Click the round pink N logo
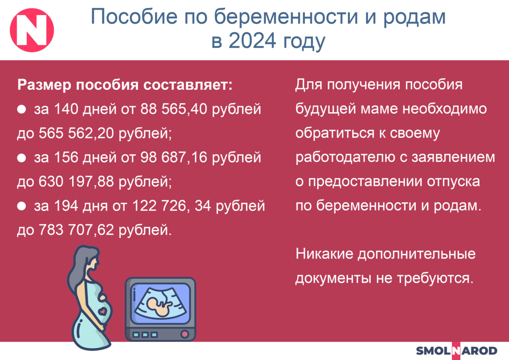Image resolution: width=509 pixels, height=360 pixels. (x=32, y=30)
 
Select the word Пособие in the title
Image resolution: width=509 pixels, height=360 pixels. (x=134, y=17)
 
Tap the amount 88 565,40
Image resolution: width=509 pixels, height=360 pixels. (x=173, y=109)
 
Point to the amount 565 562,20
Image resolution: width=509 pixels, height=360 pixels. (x=76, y=133)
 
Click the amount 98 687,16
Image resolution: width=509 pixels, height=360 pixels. (x=173, y=157)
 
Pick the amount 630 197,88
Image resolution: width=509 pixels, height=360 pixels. (x=76, y=182)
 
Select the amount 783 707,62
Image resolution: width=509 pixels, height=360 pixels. (x=76, y=230)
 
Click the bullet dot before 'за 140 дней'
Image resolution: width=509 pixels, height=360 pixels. (x=22, y=110)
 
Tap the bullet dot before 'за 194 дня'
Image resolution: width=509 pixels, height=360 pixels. (x=22, y=206)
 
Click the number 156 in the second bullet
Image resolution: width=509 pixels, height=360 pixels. (x=66, y=157)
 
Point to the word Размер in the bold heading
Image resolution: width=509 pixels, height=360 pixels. (x=44, y=85)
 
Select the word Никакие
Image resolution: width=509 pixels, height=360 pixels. (x=324, y=254)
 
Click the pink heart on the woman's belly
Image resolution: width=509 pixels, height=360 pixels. (x=103, y=311)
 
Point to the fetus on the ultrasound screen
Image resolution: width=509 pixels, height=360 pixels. (x=159, y=306)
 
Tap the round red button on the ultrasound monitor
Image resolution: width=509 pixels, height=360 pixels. (x=185, y=334)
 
